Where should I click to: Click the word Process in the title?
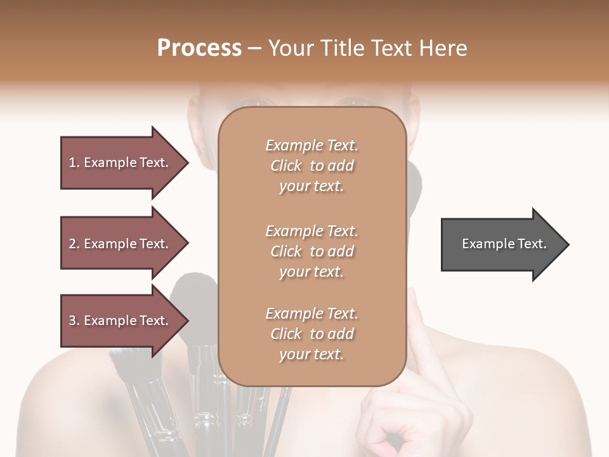199,48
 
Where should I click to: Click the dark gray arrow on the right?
501,244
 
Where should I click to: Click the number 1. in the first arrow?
74,162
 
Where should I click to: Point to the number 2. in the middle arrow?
74,244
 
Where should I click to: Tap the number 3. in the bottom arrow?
74,321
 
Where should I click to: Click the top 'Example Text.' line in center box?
311,145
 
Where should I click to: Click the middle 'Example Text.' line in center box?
311,230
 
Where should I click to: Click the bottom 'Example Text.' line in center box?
311,314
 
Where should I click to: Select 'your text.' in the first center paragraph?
311,187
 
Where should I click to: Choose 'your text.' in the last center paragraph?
311,355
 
